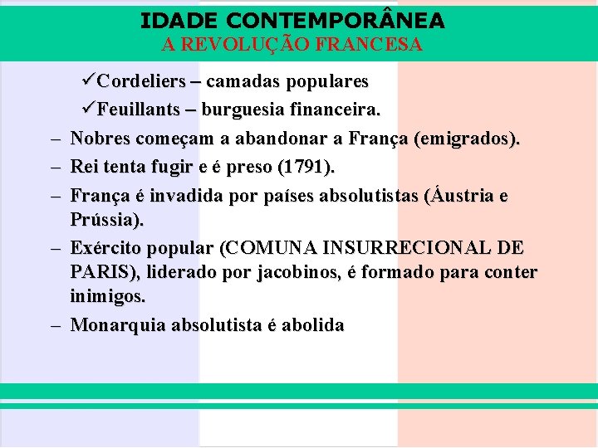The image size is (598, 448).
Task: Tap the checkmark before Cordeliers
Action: coord(90,81)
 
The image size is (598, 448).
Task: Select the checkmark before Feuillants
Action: coord(90,109)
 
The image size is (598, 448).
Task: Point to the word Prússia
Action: coord(107,221)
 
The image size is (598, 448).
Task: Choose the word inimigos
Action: coord(108,295)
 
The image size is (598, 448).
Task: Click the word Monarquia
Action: coord(118,325)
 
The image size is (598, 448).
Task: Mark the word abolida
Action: coord(313,325)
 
